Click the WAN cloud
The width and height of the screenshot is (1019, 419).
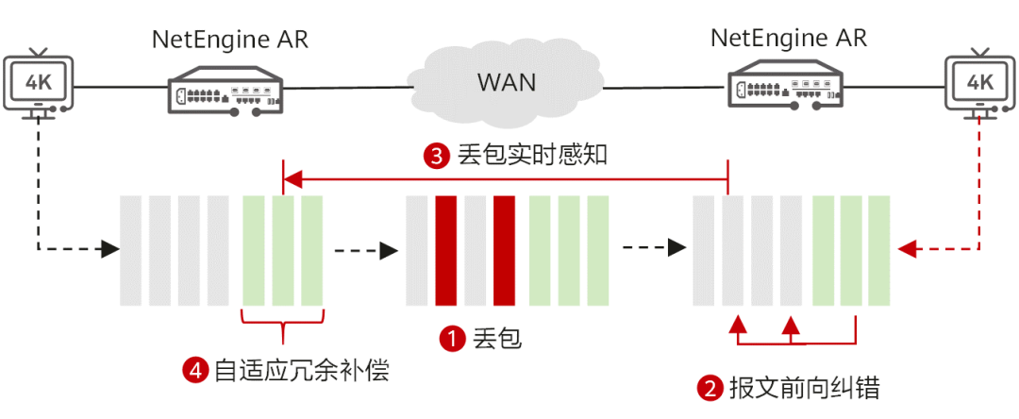pyautogui.click(x=507, y=82)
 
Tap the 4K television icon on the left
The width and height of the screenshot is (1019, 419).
pyautogui.click(x=39, y=84)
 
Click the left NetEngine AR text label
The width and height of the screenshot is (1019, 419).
pyautogui.click(x=230, y=40)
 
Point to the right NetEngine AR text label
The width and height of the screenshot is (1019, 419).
pyautogui.click(x=788, y=39)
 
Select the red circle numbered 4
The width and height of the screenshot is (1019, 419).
pyautogui.click(x=195, y=370)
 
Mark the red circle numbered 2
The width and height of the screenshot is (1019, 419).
pyautogui.click(x=710, y=388)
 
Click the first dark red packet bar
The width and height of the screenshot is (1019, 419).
pyautogui.click(x=446, y=250)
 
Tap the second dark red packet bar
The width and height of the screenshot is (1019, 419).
pyautogui.click(x=504, y=250)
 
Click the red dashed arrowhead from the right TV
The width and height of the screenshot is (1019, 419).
pyautogui.click(x=907, y=249)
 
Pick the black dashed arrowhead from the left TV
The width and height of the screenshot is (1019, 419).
pyautogui.click(x=111, y=249)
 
